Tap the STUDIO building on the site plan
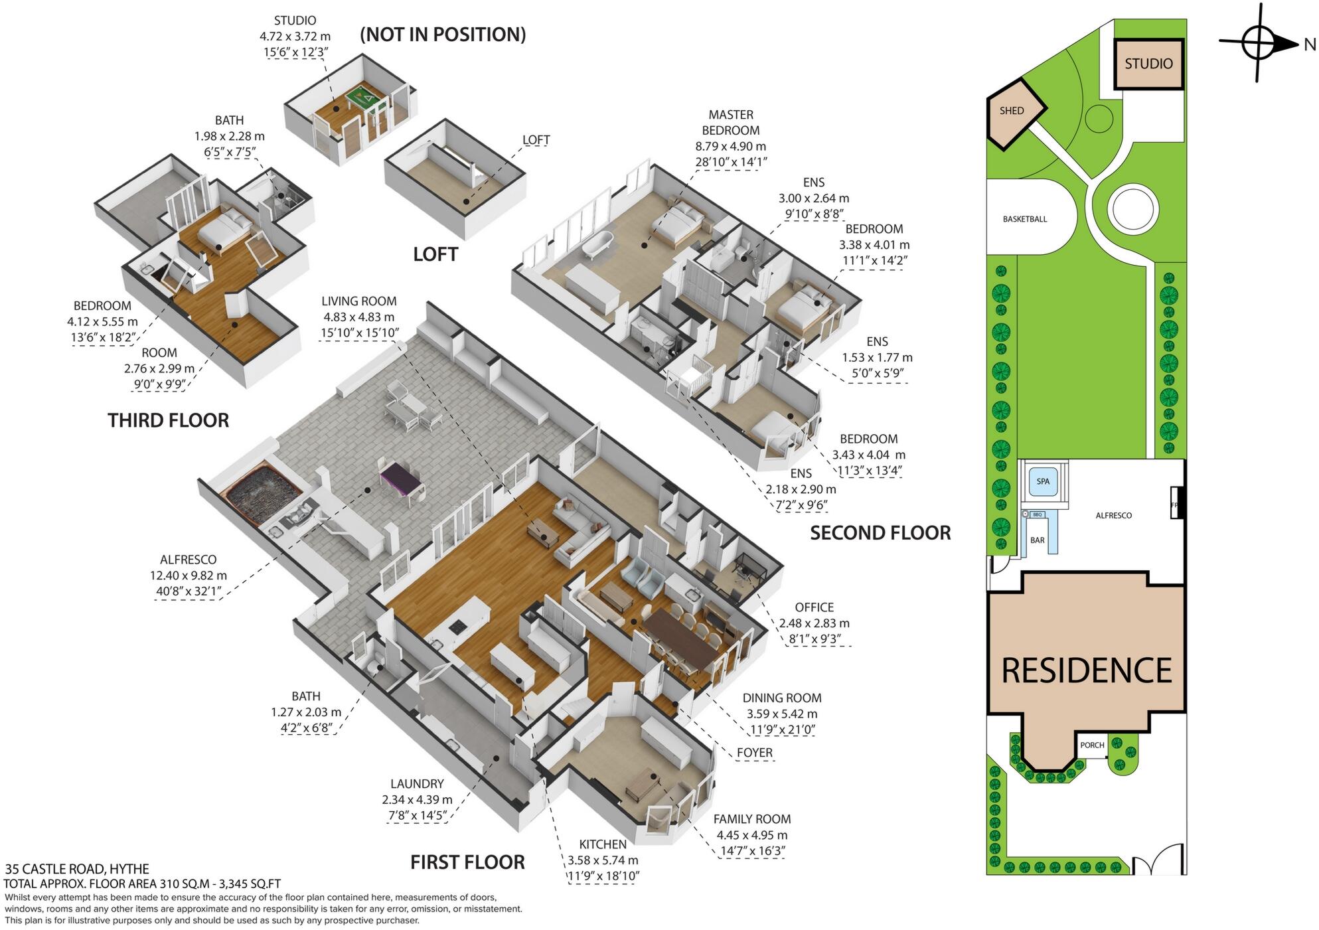[x=1148, y=64]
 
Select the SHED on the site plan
[x=1013, y=112]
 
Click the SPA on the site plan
[x=1043, y=481]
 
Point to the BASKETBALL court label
[x=1025, y=219]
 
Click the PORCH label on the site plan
[x=1092, y=745]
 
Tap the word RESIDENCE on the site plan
[x=1086, y=670]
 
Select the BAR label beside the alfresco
[x=1038, y=540]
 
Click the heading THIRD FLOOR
[x=168, y=420]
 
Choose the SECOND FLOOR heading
[x=880, y=532]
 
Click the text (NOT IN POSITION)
[x=443, y=35]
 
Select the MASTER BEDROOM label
[x=730, y=123]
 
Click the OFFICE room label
[x=814, y=607]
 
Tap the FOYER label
[x=755, y=753]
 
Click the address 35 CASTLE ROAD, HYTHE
[x=77, y=869]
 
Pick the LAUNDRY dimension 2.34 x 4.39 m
[x=417, y=800]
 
